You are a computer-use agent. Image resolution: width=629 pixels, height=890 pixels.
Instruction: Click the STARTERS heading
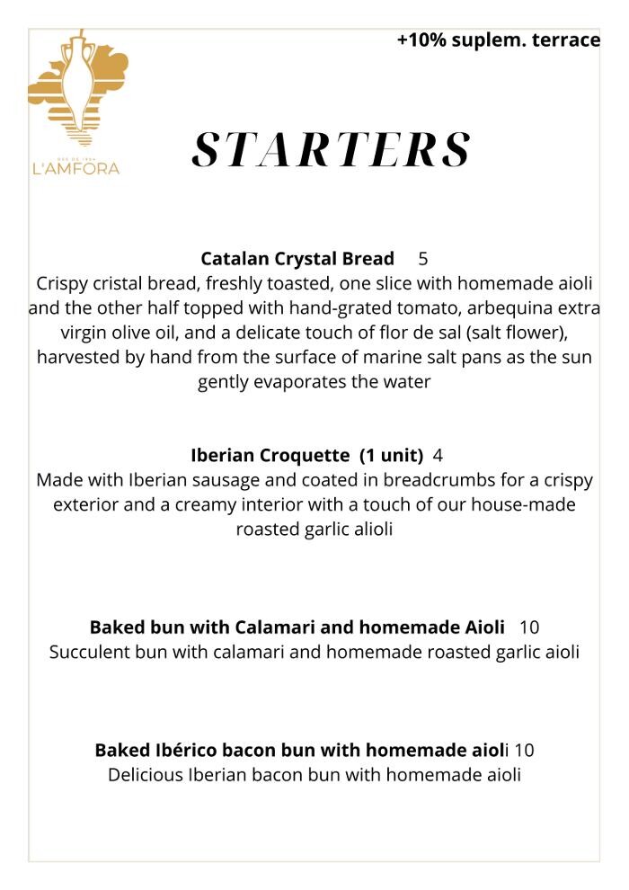click(x=332, y=150)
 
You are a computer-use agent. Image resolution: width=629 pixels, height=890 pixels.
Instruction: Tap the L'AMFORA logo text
click(x=75, y=167)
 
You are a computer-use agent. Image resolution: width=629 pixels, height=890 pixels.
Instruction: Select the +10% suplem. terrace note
click(x=499, y=40)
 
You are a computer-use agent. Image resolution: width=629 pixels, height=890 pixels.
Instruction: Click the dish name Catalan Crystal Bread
click(x=297, y=259)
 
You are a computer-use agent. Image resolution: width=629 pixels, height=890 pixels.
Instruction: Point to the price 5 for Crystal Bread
click(x=423, y=259)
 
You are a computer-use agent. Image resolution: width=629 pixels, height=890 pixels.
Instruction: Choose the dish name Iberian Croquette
click(x=270, y=455)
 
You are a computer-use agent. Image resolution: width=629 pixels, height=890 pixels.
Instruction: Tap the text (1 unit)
click(x=392, y=455)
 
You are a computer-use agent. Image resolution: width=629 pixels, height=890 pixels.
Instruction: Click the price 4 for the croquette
click(x=438, y=455)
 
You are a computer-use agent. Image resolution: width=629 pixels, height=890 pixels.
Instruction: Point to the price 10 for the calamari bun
click(x=529, y=627)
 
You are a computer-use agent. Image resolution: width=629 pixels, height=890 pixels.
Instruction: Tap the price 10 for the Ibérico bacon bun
click(x=525, y=750)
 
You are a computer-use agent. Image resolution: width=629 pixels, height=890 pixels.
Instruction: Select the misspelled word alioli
click(x=366, y=530)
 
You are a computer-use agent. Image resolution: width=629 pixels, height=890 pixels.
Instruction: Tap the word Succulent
click(x=89, y=652)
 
